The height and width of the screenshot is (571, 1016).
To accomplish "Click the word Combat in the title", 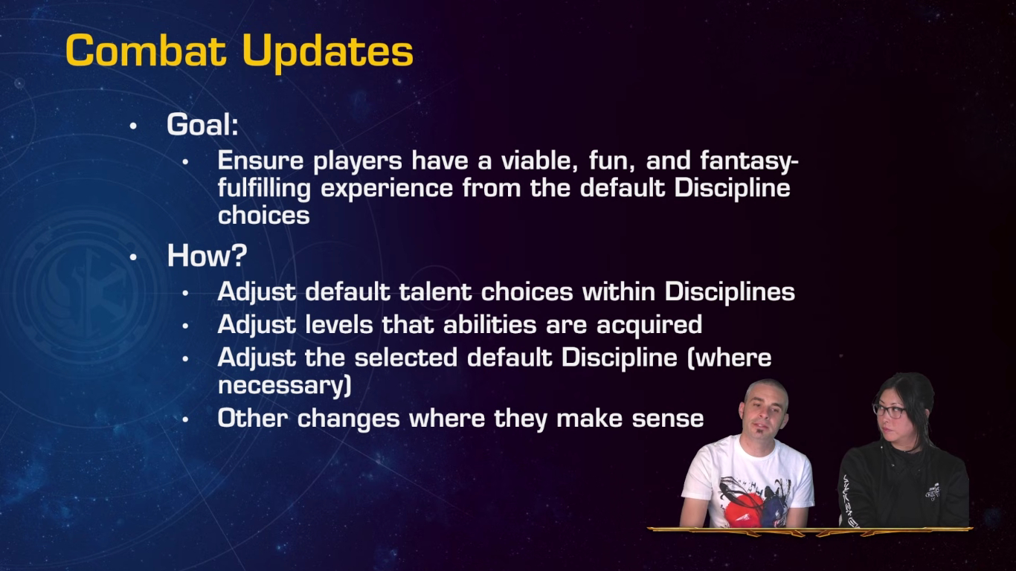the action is pyautogui.click(x=146, y=51).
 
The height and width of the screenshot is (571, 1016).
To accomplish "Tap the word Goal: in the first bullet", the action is pyautogui.click(x=202, y=124).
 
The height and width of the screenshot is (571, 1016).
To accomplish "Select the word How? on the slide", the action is pyautogui.click(x=208, y=255).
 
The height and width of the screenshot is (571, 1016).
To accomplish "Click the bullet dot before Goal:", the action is pyautogui.click(x=133, y=126).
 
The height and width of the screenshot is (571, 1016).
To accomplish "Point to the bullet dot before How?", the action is pyautogui.click(x=133, y=257).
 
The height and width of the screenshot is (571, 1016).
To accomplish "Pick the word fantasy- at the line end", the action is pyautogui.click(x=749, y=161).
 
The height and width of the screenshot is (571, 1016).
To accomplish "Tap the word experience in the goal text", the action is pyautogui.click(x=387, y=189).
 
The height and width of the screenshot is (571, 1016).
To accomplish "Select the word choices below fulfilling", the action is pyautogui.click(x=263, y=215).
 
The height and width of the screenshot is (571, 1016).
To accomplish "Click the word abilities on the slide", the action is pyautogui.click(x=490, y=324).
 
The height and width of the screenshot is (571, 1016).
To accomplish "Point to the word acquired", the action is pyautogui.click(x=649, y=326).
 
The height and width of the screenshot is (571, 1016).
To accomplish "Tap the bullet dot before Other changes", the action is pyautogui.click(x=185, y=419).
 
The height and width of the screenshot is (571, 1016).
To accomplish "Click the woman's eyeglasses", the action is pyautogui.click(x=890, y=411).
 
